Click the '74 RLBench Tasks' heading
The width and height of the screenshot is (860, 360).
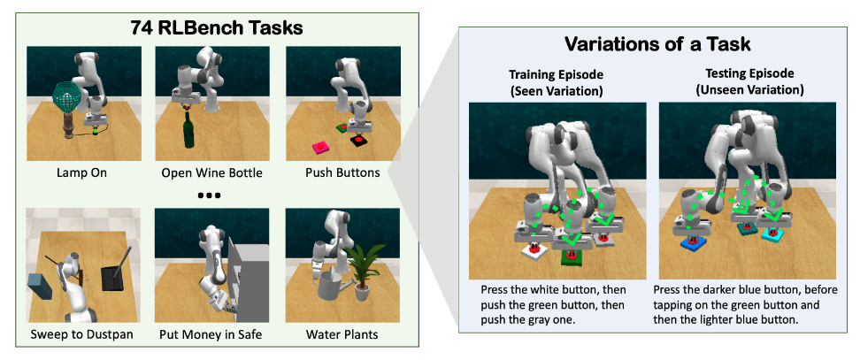pos(217,28)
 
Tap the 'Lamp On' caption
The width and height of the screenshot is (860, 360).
pos(81,173)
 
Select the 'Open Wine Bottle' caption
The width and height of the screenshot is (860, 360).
pos(211,173)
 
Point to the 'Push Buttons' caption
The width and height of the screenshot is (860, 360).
pos(342,173)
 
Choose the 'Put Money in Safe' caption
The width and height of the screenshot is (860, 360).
pos(211,333)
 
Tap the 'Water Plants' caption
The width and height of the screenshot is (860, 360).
pos(342,333)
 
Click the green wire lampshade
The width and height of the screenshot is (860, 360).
pos(67,96)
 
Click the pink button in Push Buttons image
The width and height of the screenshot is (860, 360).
pos(319,146)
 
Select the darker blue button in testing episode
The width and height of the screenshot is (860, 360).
pos(692,244)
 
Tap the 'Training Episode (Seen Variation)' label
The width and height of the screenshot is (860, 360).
pos(556,82)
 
